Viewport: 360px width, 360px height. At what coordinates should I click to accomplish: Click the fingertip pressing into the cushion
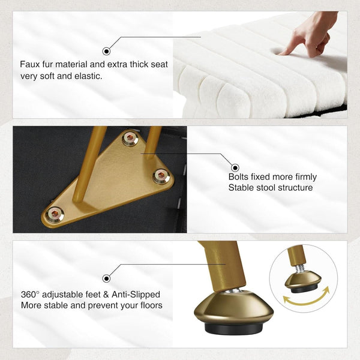coord(282,53)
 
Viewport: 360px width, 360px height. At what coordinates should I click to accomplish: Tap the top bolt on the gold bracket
coord(130,138)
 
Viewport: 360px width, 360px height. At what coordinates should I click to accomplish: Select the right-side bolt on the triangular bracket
coord(161,176)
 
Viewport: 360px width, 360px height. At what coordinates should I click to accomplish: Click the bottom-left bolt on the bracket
coord(55,214)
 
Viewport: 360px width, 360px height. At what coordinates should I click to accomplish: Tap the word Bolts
coord(239,177)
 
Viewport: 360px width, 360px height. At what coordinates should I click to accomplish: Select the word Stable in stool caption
coord(241,188)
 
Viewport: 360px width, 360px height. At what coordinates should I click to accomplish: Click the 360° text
coord(30,295)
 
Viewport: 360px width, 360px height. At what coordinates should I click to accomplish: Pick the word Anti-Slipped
coord(136,295)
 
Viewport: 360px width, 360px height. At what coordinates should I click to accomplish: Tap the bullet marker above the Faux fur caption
coord(106,51)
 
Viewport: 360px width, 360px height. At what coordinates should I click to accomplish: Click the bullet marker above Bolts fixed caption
coord(235,168)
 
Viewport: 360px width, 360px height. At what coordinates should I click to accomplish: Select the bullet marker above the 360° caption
coord(106,278)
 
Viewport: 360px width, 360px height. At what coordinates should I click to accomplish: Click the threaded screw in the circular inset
coord(300,268)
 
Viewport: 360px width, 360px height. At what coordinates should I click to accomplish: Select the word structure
coord(296,188)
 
